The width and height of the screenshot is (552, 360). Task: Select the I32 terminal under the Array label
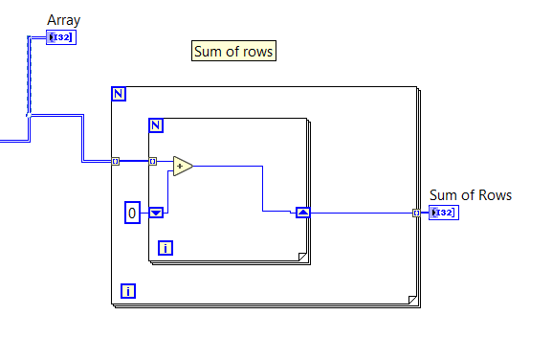60,37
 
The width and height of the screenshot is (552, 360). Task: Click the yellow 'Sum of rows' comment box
234,52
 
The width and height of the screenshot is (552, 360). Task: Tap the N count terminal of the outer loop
119,94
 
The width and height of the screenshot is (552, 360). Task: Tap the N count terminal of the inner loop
156,124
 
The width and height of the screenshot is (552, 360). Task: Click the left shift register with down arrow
156,213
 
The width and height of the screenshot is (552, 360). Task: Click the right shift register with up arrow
302,213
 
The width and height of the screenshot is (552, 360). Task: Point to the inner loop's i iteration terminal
166,249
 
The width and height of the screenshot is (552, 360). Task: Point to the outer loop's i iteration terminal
128,290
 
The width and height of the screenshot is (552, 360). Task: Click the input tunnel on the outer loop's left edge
116,161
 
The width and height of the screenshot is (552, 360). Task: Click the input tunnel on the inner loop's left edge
152,161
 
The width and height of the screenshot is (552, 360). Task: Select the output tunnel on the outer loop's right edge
416,213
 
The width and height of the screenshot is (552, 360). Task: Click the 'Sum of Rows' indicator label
470,195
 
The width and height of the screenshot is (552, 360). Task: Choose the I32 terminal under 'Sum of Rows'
444,213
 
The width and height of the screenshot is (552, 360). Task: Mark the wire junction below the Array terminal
29,116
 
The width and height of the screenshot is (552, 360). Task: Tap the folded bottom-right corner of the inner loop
301,256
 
